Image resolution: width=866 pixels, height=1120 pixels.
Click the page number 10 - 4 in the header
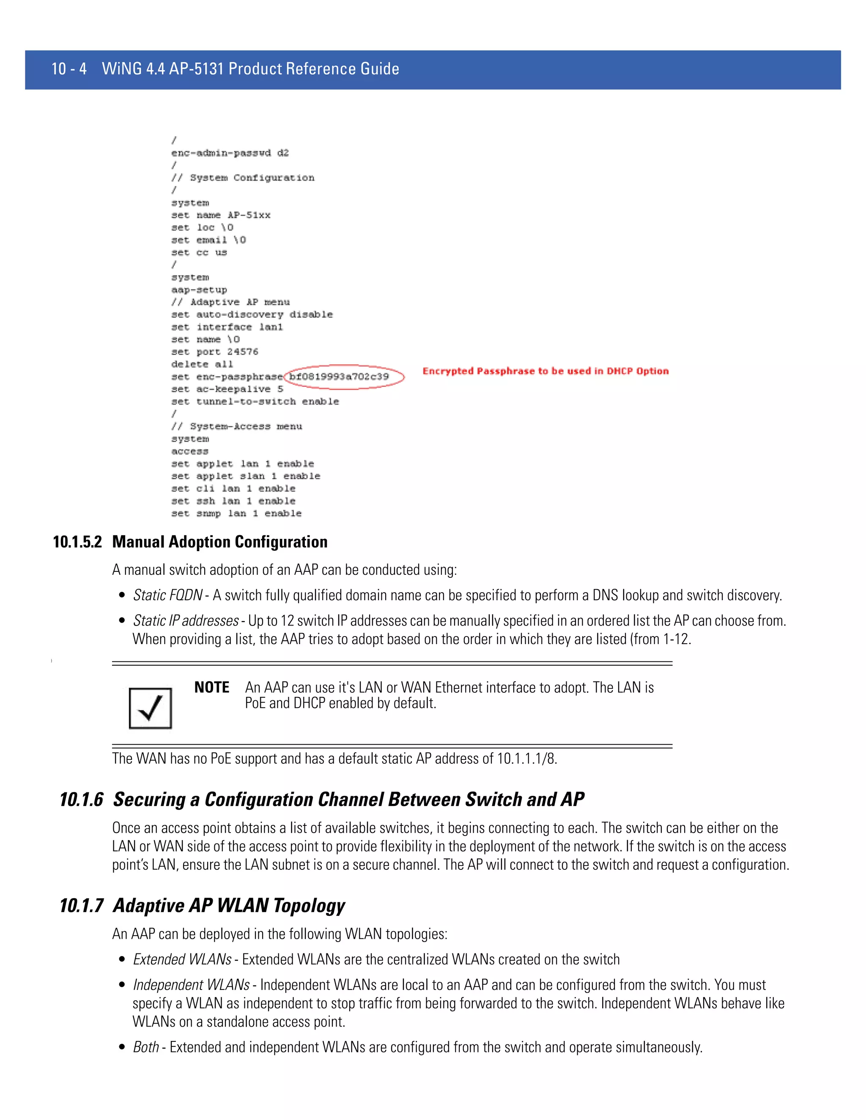(69, 69)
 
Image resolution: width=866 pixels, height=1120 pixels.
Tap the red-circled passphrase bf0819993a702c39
(339, 377)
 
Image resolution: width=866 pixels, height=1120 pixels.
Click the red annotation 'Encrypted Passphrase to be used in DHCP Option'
(545, 371)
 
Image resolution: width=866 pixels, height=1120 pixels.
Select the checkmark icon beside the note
(150, 708)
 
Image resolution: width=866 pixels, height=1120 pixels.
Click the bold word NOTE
(211, 687)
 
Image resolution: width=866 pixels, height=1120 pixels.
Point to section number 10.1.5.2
(77, 542)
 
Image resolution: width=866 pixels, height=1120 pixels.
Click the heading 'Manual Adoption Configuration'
(219, 542)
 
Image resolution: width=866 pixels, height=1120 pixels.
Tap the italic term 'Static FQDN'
(167, 595)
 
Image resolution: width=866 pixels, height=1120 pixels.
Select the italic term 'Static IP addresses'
(186, 620)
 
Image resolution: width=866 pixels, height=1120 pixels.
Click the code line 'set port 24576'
(214, 352)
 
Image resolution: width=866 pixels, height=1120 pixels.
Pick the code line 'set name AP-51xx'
(221, 215)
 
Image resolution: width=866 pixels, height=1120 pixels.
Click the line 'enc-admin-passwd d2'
(230, 153)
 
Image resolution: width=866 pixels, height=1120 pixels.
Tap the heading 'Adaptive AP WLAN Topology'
(229, 905)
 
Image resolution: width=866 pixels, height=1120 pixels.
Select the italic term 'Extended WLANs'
(182, 959)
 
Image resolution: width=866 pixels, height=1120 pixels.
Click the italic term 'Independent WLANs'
(191, 985)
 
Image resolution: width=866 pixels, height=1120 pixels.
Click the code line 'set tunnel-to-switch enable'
(255, 402)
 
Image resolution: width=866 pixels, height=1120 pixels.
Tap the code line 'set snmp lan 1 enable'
(236, 514)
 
